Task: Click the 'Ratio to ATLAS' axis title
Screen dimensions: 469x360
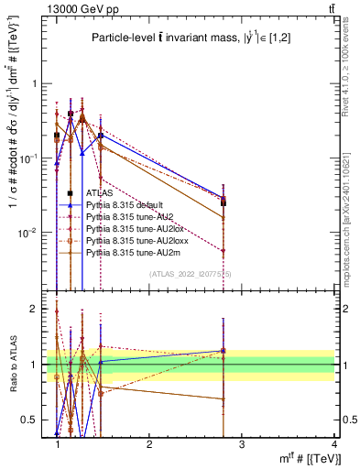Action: click(12, 365)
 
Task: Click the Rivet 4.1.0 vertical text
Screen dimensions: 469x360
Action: click(352, 64)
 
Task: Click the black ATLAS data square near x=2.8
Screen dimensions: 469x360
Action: click(224, 202)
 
